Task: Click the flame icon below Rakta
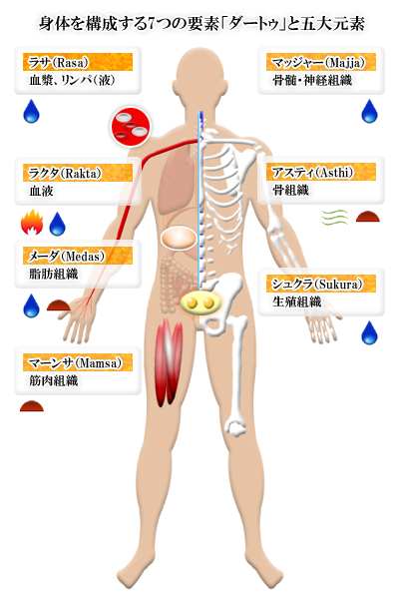click(x=32, y=222)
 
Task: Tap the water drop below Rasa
click(x=31, y=111)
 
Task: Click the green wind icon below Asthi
click(x=335, y=218)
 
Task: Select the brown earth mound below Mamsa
click(x=32, y=406)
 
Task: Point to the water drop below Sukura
click(x=369, y=332)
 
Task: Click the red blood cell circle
click(x=131, y=127)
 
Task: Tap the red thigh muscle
click(x=169, y=361)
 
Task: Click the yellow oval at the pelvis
click(x=200, y=302)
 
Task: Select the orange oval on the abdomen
click(x=179, y=239)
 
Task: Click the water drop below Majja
click(x=369, y=111)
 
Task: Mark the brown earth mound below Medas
click(x=59, y=305)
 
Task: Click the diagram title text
click(x=201, y=24)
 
